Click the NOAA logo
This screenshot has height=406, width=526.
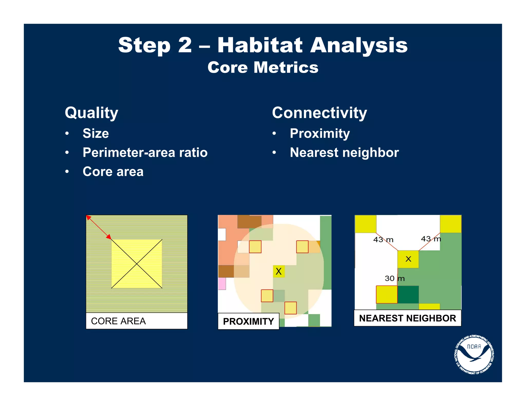point(474,355)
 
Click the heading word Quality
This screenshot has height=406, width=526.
point(91,113)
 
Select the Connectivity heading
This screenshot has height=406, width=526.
point(319,113)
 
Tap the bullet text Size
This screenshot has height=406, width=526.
point(96,133)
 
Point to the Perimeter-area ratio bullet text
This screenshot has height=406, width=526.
point(145,152)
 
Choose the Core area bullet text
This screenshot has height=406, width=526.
point(113,171)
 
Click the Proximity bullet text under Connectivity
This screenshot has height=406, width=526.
point(320,133)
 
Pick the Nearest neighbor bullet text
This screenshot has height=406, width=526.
point(344,152)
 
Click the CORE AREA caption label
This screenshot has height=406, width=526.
point(118,321)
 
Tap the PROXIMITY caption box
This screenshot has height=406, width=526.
point(248,321)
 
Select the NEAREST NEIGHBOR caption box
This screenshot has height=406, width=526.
point(407,318)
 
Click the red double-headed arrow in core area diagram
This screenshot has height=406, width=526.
point(99,227)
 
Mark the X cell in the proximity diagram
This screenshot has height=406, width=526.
point(279,271)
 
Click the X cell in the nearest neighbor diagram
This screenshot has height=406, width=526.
point(408,259)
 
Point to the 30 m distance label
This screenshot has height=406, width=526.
point(394,278)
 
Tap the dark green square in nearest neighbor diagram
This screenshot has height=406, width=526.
point(408,295)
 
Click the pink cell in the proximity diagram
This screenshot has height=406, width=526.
point(222,284)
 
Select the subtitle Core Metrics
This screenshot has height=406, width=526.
point(263,67)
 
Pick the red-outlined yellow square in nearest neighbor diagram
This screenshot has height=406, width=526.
point(387,295)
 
